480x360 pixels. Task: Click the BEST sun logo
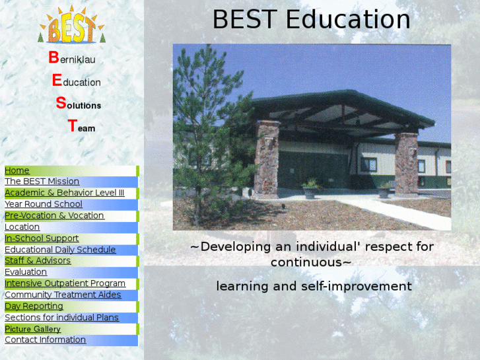(x=71, y=26)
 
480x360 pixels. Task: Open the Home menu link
(x=17, y=170)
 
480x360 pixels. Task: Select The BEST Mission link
(x=42, y=182)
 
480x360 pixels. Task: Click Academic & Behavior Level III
(x=64, y=193)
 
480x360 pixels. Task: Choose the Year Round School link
(x=44, y=204)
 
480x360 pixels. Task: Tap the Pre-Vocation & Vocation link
(x=54, y=215)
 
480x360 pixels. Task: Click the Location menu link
(x=22, y=227)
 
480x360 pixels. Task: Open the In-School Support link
(x=42, y=238)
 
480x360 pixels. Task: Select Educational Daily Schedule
(x=60, y=250)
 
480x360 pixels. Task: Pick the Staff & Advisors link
(x=38, y=261)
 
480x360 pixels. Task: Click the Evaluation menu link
(x=26, y=272)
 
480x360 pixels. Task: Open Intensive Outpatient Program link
(x=65, y=283)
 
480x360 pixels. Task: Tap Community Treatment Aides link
(x=63, y=295)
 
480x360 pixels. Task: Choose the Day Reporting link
(x=34, y=306)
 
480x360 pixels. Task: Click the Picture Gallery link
(x=32, y=329)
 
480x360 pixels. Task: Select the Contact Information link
(x=45, y=340)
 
